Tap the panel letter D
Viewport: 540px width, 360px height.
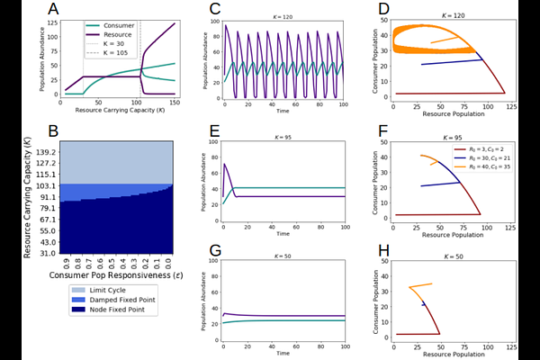pyautogui.click(x=384, y=11)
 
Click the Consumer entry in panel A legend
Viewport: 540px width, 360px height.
pyautogui.click(x=116, y=25)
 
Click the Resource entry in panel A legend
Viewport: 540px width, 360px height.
pyautogui.click(x=116, y=34)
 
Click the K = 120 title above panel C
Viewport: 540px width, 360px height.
pyautogui.click(x=283, y=16)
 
